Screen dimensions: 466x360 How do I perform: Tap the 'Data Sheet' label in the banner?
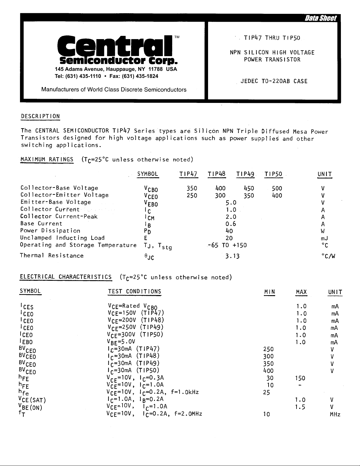click(x=321, y=19)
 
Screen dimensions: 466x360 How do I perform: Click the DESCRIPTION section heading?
click(x=41, y=116)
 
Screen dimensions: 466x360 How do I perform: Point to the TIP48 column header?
click(x=217, y=174)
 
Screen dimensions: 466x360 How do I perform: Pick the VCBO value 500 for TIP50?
click(x=277, y=188)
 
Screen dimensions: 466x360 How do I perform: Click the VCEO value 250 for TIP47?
click(x=192, y=196)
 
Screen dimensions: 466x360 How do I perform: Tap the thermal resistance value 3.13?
click(x=232, y=256)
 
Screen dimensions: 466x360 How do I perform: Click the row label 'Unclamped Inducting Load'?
click(x=62, y=238)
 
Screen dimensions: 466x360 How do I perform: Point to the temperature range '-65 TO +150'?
click(x=227, y=245)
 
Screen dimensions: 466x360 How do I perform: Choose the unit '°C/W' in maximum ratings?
click(x=329, y=256)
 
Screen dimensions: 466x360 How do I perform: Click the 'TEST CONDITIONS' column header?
click(x=135, y=292)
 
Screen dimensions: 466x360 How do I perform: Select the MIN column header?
click(x=269, y=292)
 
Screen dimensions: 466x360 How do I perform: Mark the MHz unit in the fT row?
click(x=335, y=414)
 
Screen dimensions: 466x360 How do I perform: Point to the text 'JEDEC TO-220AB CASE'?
click(x=274, y=81)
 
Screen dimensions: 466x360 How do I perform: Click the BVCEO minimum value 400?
click(x=269, y=371)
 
